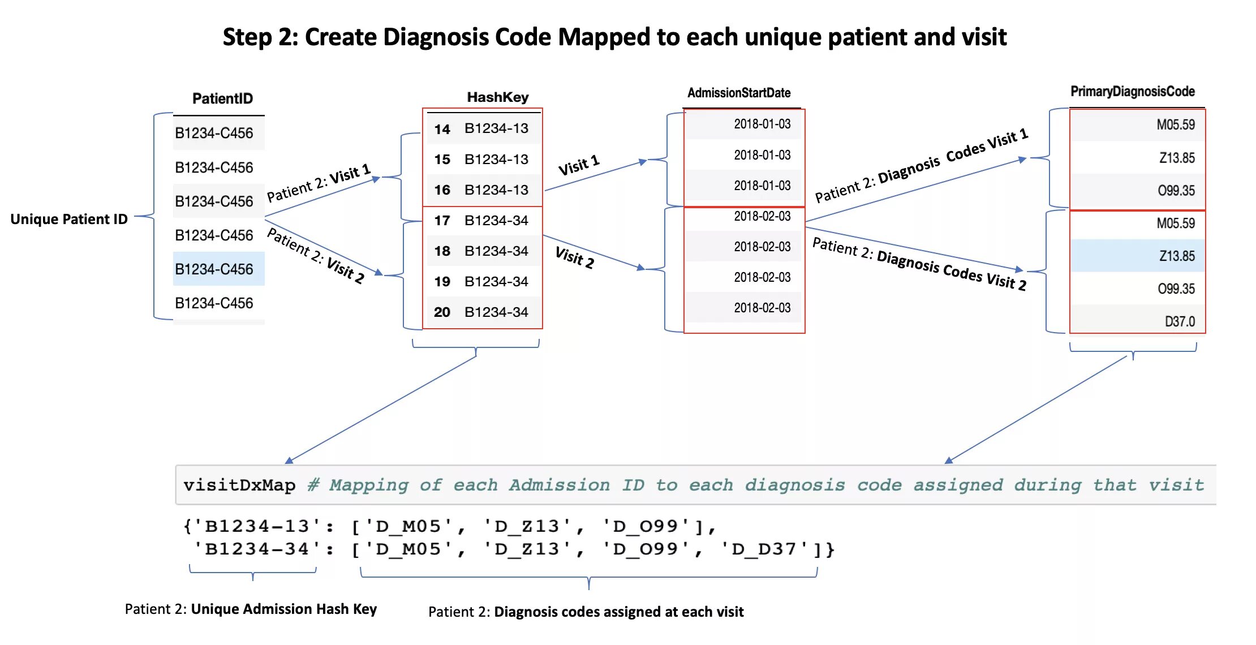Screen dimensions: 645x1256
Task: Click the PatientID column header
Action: [x=222, y=98]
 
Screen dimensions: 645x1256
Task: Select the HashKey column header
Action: [x=497, y=97]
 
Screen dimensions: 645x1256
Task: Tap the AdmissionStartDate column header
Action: [x=739, y=93]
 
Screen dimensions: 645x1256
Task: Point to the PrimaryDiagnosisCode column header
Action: [x=1132, y=92]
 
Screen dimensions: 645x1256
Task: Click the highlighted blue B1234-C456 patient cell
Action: [x=214, y=269]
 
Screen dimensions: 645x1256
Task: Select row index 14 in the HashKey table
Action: [x=442, y=129]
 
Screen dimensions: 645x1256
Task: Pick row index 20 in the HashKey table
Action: [x=442, y=312]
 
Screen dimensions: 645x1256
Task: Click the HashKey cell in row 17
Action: [x=496, y=220]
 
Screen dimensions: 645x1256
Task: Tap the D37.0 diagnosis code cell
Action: [x=1179, y=321]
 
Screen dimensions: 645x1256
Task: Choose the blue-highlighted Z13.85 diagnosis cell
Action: [x=1177, y=256]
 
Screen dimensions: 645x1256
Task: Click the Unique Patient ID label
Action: [x=69, y=219]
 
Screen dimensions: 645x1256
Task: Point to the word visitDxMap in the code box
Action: [x=239, y=485]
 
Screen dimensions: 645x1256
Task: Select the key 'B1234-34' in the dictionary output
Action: [x=257, y=549]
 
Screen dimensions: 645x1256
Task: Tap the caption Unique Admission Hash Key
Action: [x=283, y=609]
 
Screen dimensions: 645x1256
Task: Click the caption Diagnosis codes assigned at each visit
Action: [x=618, y=612]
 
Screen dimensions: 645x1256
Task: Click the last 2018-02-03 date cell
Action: [x=762, y=308]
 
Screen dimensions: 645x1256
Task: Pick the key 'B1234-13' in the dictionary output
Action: [x=257, y=526]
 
